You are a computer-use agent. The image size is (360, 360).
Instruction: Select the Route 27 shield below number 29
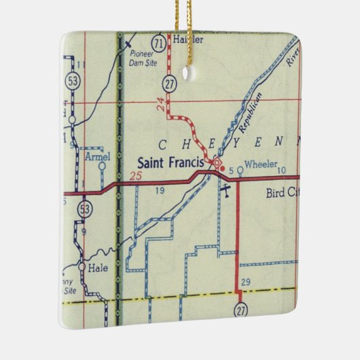(242, 310)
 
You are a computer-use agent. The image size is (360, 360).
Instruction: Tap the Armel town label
(98, 157)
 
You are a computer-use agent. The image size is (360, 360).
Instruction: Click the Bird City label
(281, 192)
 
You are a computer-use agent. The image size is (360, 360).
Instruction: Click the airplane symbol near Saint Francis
(226, 188)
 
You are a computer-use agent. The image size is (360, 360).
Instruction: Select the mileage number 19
(160, 192)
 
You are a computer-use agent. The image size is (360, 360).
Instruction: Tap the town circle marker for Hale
(82, 268)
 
